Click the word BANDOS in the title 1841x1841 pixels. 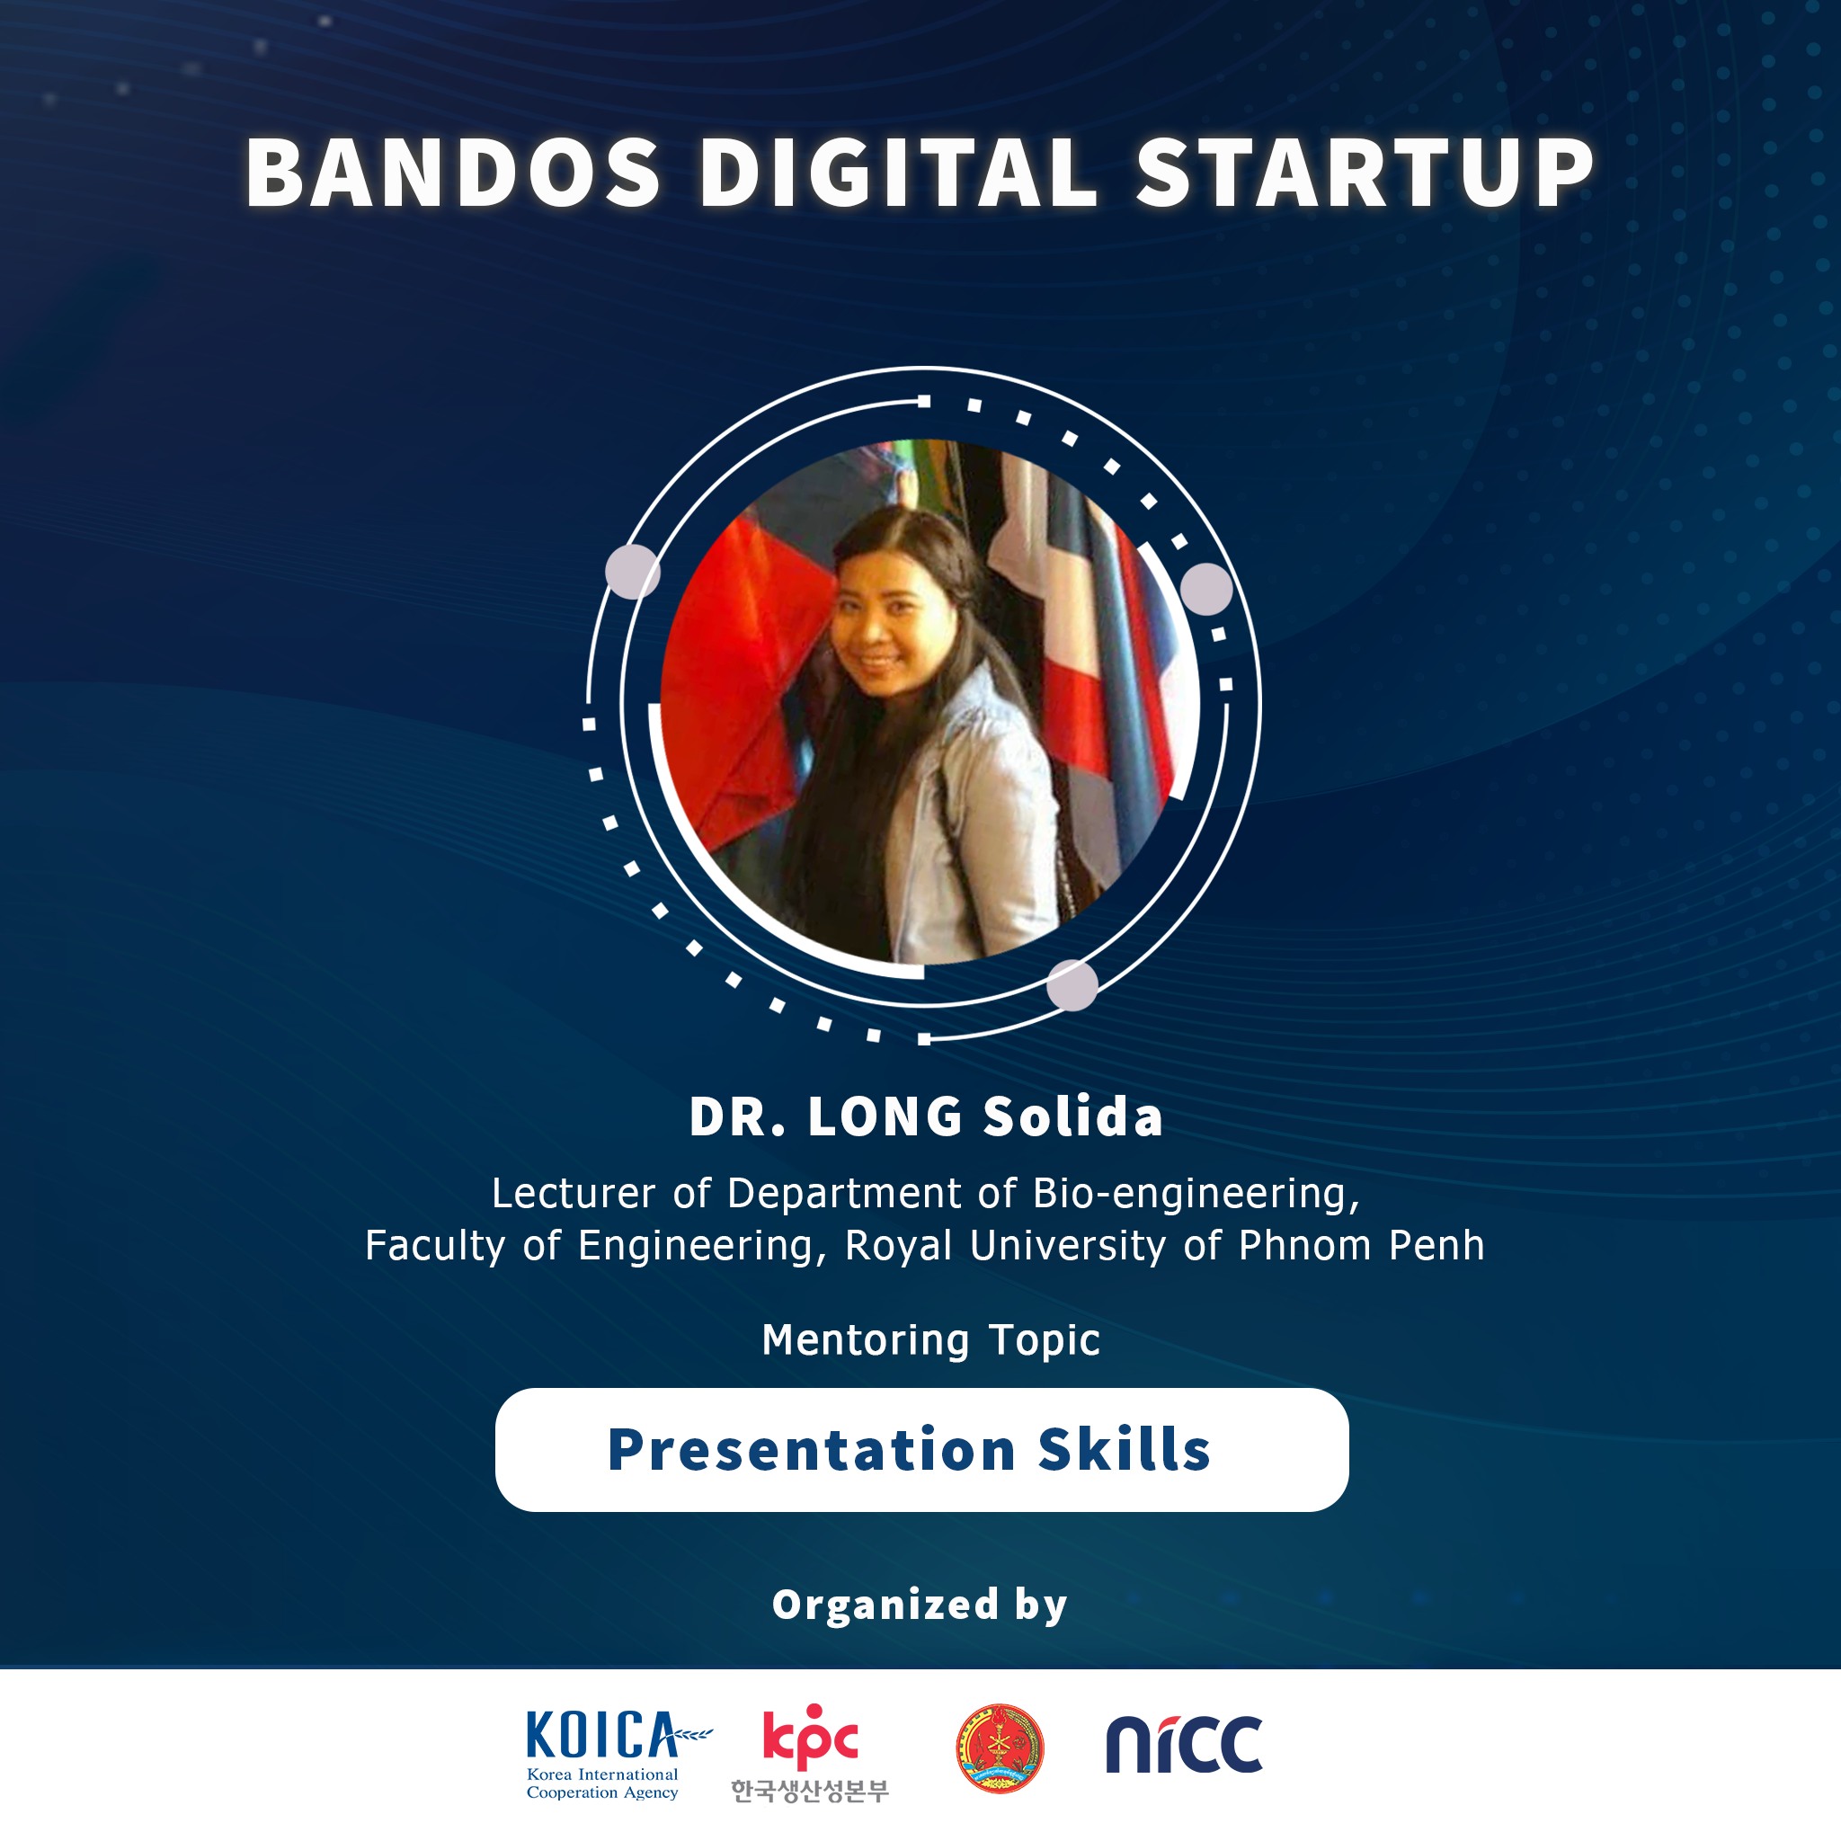[454, 173]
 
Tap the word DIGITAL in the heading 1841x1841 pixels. [900, 173]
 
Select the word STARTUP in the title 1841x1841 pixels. [1365, 173]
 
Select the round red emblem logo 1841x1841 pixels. [1000, 1748]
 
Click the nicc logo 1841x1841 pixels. [1185, 1744]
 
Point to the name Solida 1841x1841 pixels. [1073, 1116]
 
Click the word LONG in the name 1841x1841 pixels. [885, 1116]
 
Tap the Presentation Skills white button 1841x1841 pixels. [921, 1450]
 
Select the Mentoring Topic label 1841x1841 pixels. [931, 1340]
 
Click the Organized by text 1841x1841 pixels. [920, 1605]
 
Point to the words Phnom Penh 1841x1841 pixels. [1362, 1245]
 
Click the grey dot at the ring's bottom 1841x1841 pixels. [1072, 985]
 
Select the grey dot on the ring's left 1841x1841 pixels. [633, 572]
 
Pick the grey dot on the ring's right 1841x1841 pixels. [1206, 589]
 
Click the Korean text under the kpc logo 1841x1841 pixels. [810, 1791]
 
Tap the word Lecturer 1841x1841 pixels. [574, 1194]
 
